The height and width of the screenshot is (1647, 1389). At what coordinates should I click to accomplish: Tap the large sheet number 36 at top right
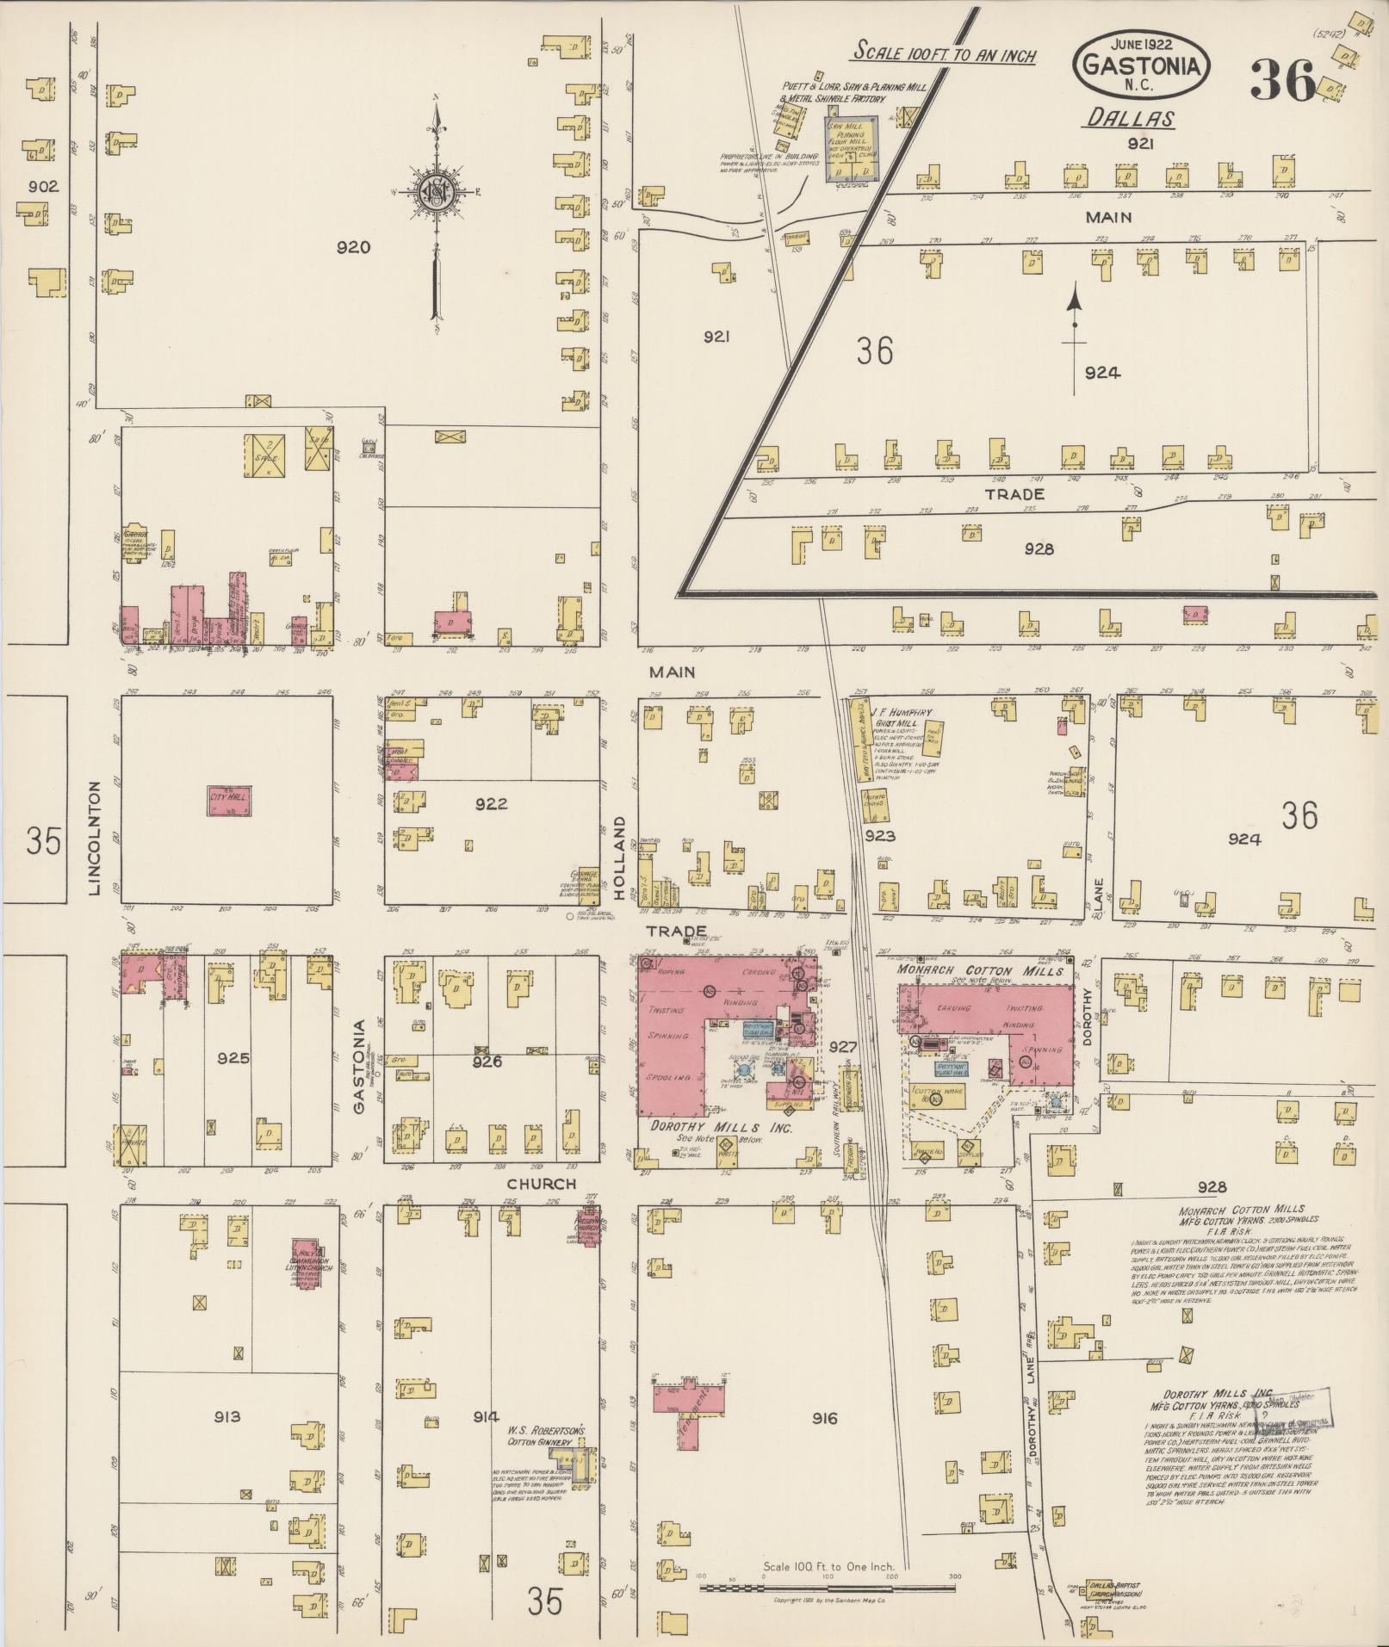[1282, 81]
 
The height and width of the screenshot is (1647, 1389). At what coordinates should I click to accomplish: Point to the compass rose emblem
[437, 193]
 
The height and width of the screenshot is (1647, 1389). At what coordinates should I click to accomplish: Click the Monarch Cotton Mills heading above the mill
[979, 970]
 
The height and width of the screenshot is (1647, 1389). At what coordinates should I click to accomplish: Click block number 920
[353, 248]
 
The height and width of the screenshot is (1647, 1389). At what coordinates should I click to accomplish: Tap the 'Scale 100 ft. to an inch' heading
[944, 53]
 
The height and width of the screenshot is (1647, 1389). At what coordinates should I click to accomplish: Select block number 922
[491, 804]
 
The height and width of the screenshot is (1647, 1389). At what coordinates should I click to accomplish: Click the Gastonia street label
[361, 1066]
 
